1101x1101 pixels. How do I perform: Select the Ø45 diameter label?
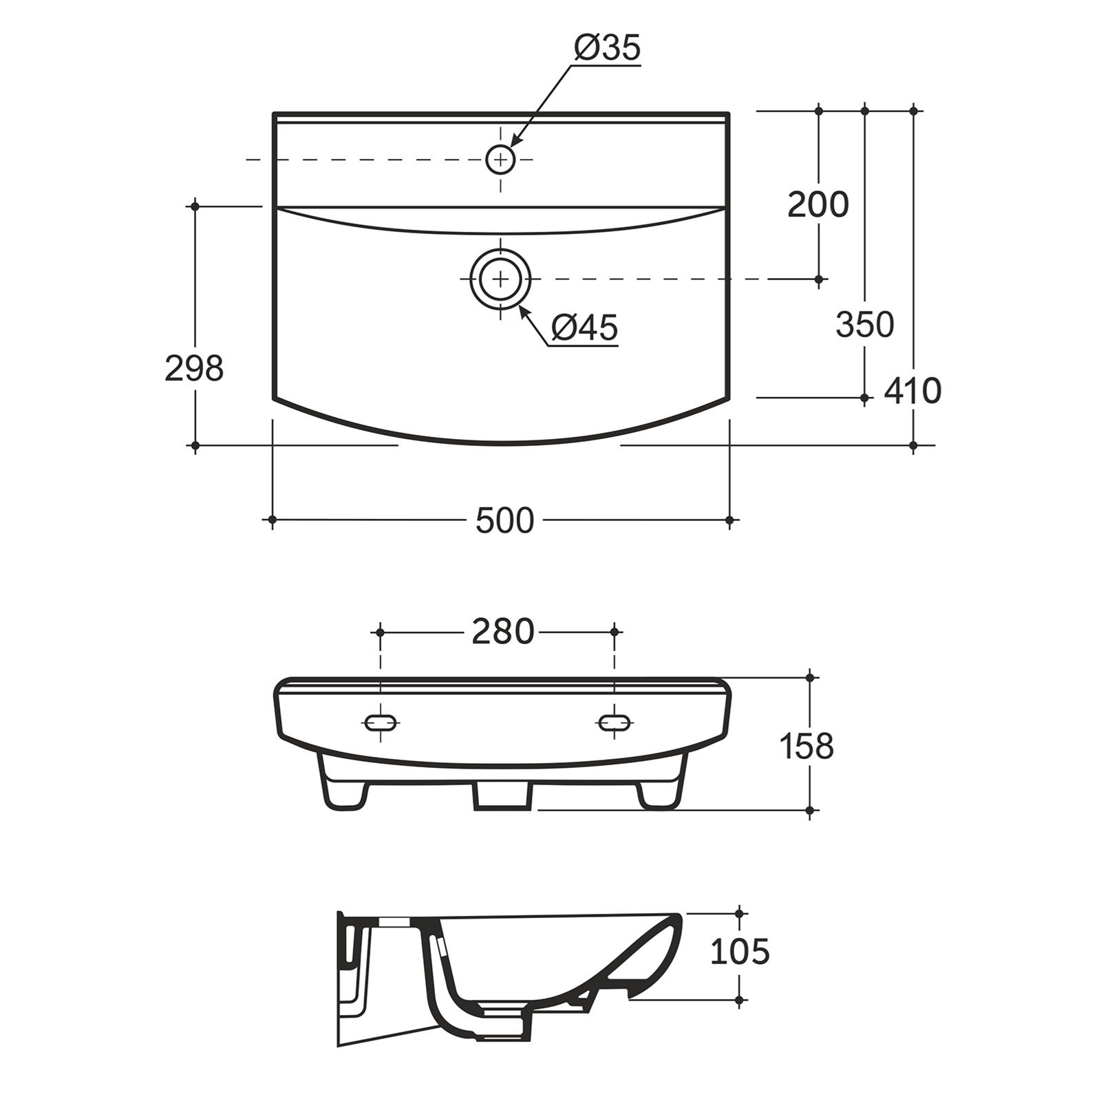pyautogui.click(x=584, y=328)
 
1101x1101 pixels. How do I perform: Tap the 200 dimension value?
pyautogui.click(x=818, y=204)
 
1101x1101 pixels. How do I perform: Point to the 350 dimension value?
pyautogui.click(x=865, y=324)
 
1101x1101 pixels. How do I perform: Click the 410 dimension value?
pyautogui.click(x=912, y=391)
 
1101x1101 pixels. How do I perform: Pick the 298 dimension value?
pyautogui.click(x=195, y=369)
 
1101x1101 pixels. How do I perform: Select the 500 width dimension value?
pyautogui.click(x=504, y=521)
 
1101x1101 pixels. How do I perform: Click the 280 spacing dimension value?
pyautogui.click(x=503, y=632)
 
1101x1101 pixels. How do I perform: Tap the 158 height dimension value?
pyautogui.click(x=807, y=746)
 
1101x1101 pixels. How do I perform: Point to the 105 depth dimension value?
pyautogui.click(x=740, y=952)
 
